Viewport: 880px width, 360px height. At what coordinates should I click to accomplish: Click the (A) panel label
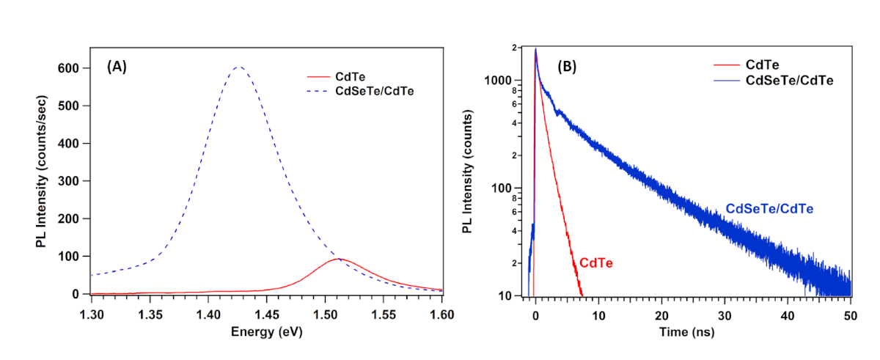[x=117, y=67]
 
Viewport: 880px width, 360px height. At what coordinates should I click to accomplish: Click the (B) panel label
[x=567, y=67]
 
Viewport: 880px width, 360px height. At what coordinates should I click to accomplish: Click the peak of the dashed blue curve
[x=238, y=67]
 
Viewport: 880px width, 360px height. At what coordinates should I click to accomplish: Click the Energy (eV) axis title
[x=266, y=331]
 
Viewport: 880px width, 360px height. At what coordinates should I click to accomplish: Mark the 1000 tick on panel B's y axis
[x=507, y=81]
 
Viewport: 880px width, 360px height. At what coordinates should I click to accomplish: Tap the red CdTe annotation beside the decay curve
[x=595, y=262]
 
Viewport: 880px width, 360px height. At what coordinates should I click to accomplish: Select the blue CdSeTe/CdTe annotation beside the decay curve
[x=770, y=209]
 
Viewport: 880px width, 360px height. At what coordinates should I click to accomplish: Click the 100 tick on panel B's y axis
[x=510, y=188]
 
